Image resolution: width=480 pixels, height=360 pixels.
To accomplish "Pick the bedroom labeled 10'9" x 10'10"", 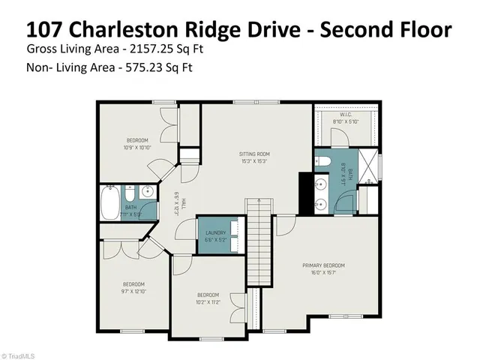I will [137, 143].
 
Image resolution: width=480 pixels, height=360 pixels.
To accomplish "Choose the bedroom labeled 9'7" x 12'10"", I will [134, 286].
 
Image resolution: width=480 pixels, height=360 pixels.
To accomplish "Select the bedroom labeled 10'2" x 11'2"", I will [208, 298].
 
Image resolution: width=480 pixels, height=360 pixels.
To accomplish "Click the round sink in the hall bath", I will [148, 192].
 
